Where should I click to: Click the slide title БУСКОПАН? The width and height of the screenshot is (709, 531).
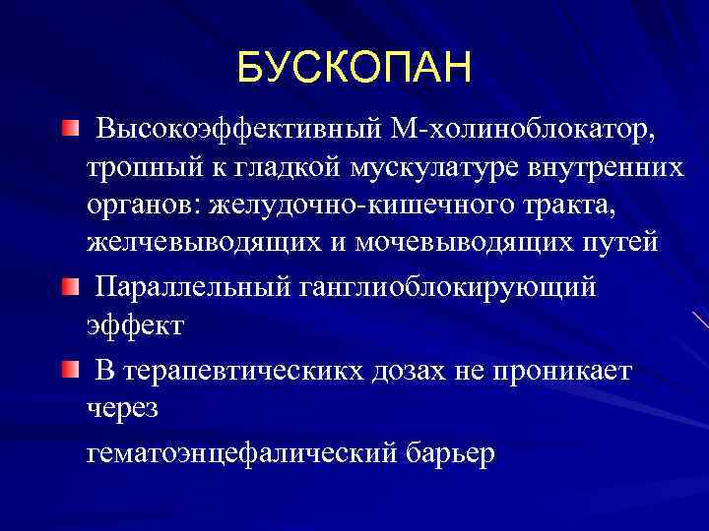[x=354, y=68]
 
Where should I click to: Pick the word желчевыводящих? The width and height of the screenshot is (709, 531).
[x=198, y=242]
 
